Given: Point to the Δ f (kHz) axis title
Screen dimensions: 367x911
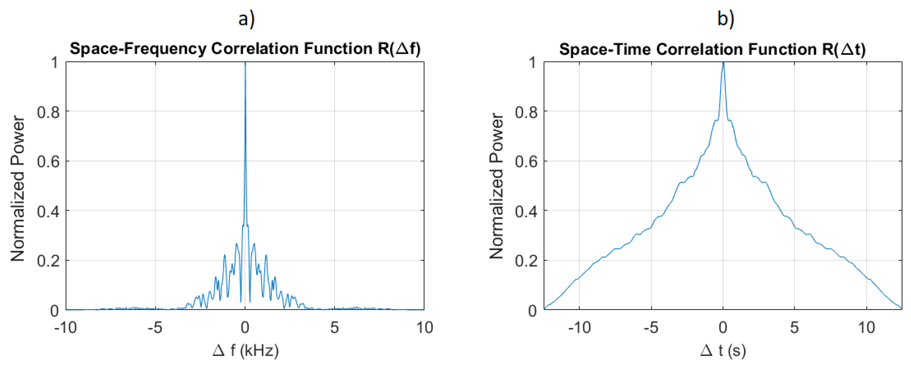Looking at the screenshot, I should (x=246, y=350).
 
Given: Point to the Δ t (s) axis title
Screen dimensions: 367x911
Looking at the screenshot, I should (x=723, y=350).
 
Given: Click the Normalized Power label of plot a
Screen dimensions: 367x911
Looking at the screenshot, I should (x=18, y=189).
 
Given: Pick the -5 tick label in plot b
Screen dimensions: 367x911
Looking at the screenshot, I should (x=651, y=328).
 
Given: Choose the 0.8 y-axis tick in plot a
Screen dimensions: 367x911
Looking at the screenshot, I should (x=48, y=112).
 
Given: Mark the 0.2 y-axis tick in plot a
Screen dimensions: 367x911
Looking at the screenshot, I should (x=48, y=261).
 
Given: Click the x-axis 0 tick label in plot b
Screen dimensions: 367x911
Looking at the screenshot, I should (x=723, y=328).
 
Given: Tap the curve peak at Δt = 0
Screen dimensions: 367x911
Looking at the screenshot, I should (x=723, y=63).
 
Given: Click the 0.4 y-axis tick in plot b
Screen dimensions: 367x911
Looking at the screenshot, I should (x=526, y=211).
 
